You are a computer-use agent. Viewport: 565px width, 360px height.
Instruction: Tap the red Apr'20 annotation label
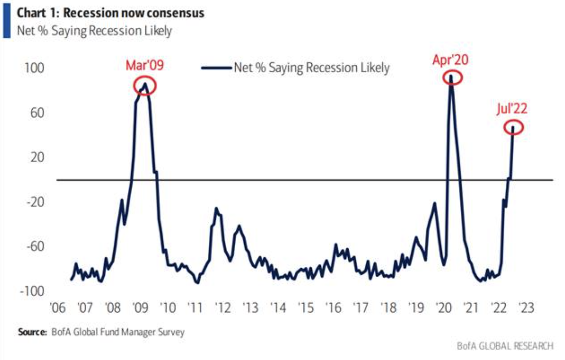tap(451, 61)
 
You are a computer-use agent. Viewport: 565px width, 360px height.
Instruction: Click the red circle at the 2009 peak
tap(145, 86)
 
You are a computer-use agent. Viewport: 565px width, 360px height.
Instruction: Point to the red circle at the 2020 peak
tap(451, 77)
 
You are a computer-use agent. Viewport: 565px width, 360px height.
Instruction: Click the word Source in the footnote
tap(31, 331)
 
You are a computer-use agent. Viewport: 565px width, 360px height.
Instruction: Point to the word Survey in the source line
tap(171, 331)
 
